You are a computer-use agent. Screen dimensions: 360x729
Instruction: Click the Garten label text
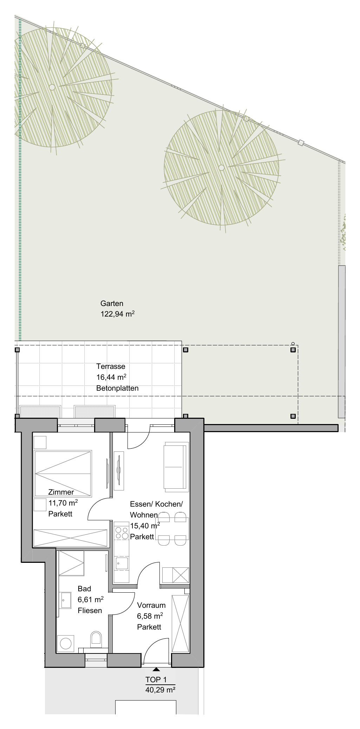[112, 304]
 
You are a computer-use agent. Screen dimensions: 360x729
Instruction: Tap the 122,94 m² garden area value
[118, 314]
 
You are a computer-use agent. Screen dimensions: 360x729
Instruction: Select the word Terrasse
[111, 366]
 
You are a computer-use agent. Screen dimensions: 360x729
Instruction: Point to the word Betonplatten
[117, 388]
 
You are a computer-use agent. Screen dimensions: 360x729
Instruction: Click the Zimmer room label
[61, 492]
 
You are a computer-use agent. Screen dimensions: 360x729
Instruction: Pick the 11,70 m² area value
[63, 503]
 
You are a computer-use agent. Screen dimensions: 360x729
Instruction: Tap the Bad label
[84, 589]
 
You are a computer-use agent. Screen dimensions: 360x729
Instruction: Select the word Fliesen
[90, 611]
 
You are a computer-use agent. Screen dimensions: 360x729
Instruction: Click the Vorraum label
[151, 605]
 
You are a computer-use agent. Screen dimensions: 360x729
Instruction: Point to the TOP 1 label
[156, 680]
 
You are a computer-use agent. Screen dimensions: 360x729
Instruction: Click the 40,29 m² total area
[160, 690]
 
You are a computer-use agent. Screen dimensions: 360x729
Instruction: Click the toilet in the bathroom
[96, 640]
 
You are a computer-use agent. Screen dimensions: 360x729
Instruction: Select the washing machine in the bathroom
[66, 643]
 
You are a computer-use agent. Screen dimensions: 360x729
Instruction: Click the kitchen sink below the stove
[122, 563]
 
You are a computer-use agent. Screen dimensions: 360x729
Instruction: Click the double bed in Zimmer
[63, 474]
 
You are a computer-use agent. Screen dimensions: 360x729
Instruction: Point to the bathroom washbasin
[66, 600]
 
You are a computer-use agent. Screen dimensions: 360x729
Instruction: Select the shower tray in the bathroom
[71, 563]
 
